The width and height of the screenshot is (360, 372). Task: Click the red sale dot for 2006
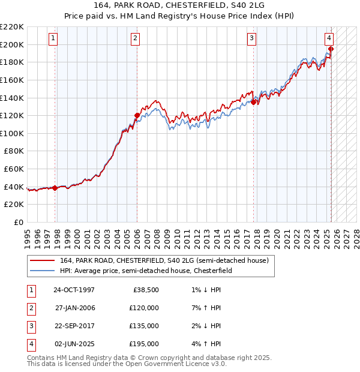137,115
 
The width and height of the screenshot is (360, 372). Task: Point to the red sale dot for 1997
55,188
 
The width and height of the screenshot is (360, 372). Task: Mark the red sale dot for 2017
253,102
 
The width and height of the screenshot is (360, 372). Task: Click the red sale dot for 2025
331,49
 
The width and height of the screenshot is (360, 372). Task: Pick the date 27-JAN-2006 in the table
75,308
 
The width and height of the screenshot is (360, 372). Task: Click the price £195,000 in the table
145,344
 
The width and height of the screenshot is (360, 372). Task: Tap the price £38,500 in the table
146,290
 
